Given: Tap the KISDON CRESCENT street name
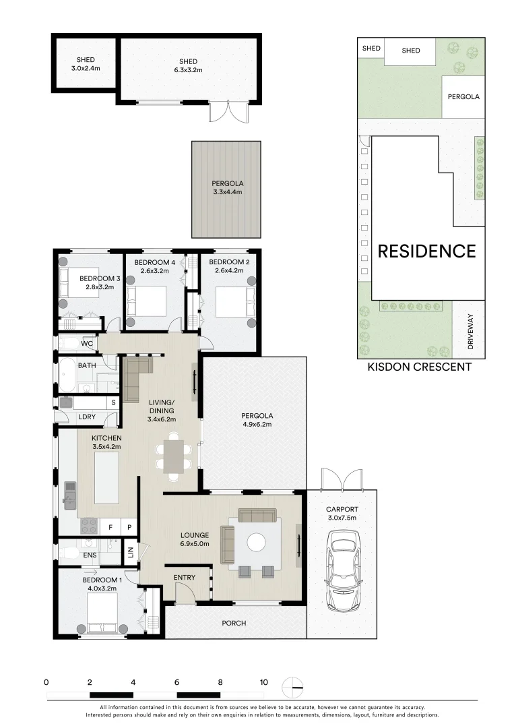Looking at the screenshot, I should pyautogui.click(x=419, y=367).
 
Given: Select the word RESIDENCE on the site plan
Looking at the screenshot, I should pyautogui.click(x=426, y=251).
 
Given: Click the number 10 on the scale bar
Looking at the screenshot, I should pyautogui.click(x=263, y=681).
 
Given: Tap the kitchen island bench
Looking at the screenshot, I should pyautogui.click(x=107, y=478).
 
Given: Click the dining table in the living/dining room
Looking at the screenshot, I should pyautogui.click(x=174, y=456).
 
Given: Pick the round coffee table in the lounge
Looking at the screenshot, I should pyautogui.click(x=257, y=543).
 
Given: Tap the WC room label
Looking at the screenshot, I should pyautogui.click(x=87, y=344).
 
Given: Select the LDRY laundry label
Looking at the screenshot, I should pyautogui.click(x=87, y=417).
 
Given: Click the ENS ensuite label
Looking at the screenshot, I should pyautogui.click(x=89, y=555).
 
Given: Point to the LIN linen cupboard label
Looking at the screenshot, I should pyautogui.click(x=131, y=555).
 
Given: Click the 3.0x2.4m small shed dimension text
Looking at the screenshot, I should pyautogui.click(x=86, y=69).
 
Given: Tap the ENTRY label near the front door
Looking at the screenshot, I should pyautogui.click(x=185, y=578).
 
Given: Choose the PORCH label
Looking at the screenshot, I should pyautogui.click(x=234, y=624).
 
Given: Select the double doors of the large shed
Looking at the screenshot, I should pyautogui.click(x=224, y=112).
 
